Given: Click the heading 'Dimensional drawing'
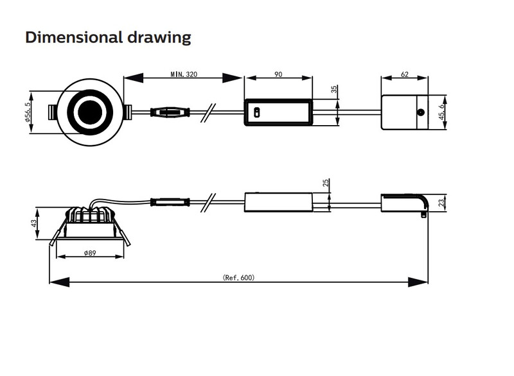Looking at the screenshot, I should pos(108,37).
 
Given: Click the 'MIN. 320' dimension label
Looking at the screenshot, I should pos(184,74).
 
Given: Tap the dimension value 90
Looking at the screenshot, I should pos(278,74).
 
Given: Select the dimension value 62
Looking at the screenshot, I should pos(405,74).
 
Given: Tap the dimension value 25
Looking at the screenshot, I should pos(326,184).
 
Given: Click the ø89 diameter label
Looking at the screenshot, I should pos(90,254).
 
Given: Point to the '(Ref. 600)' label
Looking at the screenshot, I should pos(239,278).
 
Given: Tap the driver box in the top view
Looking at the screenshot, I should pos(278,113).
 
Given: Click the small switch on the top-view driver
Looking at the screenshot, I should pos(255,112).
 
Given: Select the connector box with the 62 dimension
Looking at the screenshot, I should pos(403,112).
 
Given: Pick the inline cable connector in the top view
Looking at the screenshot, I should pos(170,113).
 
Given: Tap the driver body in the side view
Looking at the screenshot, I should pos(278,201).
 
